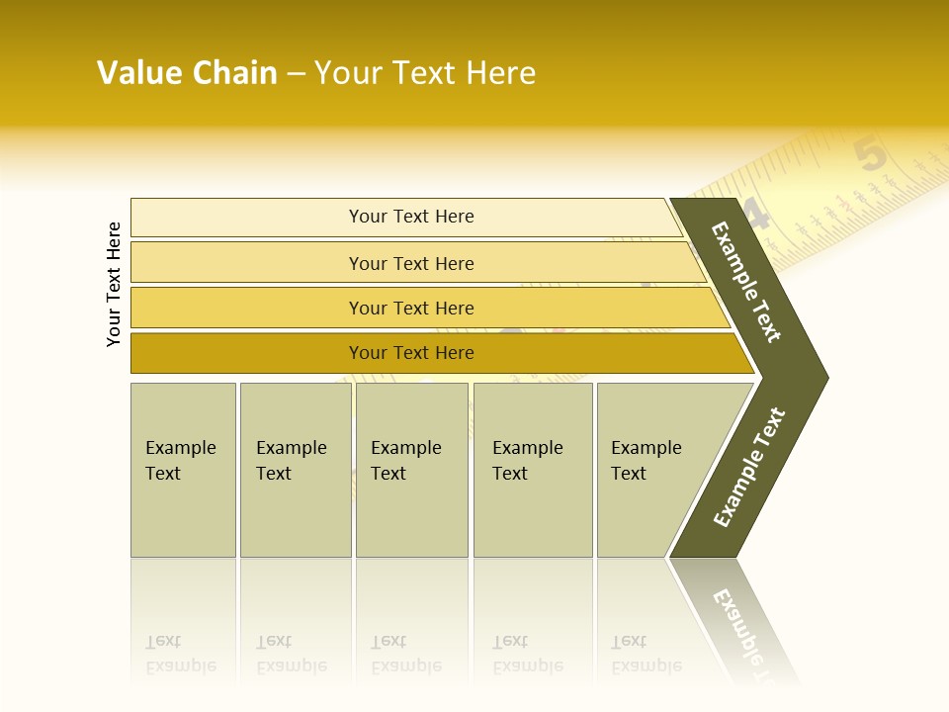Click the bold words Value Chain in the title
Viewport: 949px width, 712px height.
[x=187, y=73]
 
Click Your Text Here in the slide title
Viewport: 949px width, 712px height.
[x=425, y=73]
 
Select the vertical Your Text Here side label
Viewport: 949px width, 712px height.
[x=115, y=284]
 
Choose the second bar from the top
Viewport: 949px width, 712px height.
[x=410, y=263]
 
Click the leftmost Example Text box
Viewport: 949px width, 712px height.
[x=183, y=470]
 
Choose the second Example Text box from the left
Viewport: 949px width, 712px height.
[x=296, y=470]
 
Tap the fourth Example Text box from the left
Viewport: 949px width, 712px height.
[x=533, y=470]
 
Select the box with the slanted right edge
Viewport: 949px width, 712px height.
[x=652, y=470]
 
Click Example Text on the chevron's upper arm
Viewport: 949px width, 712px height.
[x=746, y=282]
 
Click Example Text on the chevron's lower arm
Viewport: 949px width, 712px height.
[x=749, y=467]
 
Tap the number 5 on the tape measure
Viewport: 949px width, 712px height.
[x=870, y=155]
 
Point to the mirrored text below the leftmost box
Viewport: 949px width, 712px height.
[x=180, y=654]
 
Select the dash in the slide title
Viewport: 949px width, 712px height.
[x=296, y=74]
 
